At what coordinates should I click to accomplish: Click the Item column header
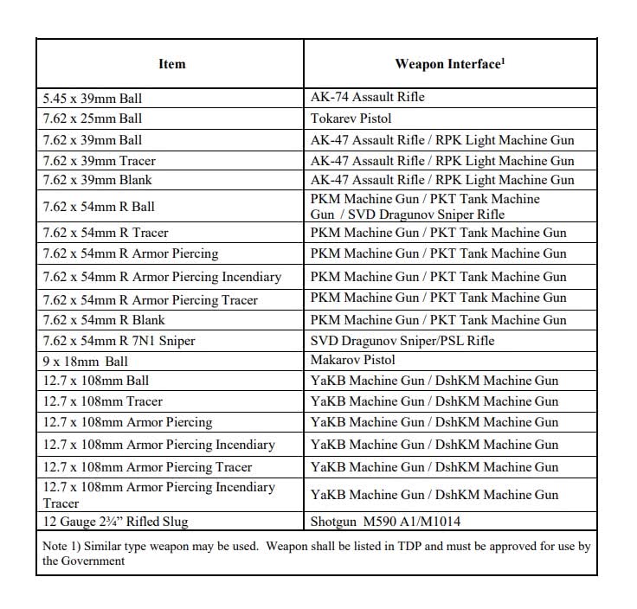(x=171, y=64)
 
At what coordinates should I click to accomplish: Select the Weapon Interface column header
(x=449, y=64)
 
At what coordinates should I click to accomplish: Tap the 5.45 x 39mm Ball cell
(x=93, y=98)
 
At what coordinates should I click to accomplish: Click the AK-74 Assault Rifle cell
(x=368, y=97)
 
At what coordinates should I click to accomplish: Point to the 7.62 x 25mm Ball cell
(x=93, y=119)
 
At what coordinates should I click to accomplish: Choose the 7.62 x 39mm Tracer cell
(x=100, y=161)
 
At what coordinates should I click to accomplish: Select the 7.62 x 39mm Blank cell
(x=99, y=181)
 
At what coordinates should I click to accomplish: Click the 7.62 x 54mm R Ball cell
(x=100, y=207)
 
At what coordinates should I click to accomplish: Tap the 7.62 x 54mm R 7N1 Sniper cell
(x=119, y=341)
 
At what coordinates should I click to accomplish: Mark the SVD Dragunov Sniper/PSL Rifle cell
(x=402, y=341)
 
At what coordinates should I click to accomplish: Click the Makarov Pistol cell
(x=353, y=360)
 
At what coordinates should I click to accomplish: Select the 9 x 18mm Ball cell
(x=86, y=361)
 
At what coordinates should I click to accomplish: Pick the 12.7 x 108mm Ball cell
(x=96, y=381)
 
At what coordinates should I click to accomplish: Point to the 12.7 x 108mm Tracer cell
(x=103, y=401)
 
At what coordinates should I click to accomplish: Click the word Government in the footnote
(x=94, y=561)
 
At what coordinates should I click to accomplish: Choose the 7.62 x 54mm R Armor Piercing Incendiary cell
(x=163, y=277)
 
